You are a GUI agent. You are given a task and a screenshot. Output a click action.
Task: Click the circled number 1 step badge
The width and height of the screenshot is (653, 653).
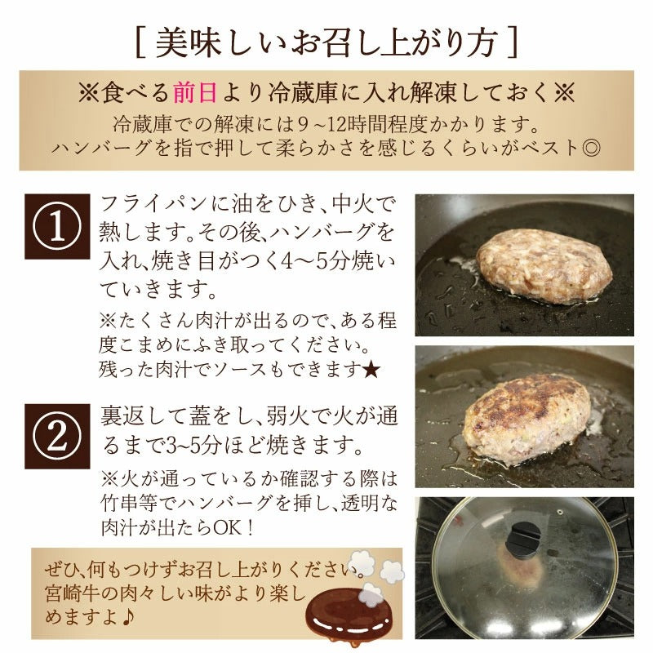57,227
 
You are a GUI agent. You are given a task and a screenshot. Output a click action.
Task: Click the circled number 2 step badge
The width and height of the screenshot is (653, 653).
57,436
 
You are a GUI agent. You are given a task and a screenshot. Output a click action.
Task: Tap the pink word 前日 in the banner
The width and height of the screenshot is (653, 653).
195,92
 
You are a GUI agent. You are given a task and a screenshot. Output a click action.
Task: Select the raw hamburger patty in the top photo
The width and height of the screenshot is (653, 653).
544,267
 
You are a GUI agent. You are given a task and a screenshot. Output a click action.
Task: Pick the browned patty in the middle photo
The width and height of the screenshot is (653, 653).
526,418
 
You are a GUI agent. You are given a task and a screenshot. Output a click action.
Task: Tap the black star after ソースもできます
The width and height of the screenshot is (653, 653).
371,370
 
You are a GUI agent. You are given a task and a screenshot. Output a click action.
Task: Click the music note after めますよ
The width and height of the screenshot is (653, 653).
128,617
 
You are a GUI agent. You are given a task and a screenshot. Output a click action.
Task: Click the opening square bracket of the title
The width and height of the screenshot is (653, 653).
140,43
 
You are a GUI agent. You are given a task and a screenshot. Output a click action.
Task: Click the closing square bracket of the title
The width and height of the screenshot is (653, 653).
513,43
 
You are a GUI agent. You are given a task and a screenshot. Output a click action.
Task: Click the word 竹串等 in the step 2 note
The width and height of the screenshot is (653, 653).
130,504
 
